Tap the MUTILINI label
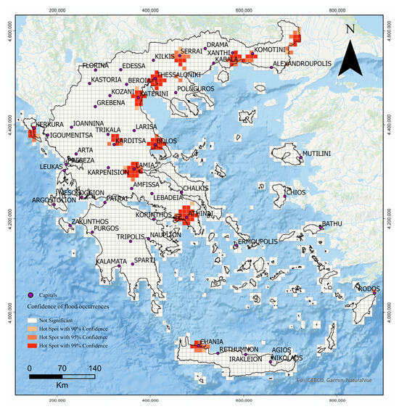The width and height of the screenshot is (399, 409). [x=316, y=154]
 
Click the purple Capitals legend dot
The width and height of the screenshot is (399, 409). [x=30, y=295]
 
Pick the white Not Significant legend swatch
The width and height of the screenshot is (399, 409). [x=32, y=319]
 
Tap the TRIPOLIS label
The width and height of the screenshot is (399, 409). [x=131, y=236]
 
